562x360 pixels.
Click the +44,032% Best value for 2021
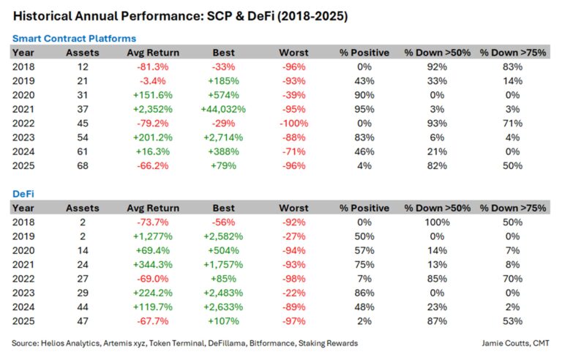(x=223, y=108)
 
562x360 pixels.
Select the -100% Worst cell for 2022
(x=293, y=122)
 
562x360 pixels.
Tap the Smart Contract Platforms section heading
(x=74, y=38)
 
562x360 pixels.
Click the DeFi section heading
(x=24, y=194)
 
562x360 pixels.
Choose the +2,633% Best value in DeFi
(x=223, y=307)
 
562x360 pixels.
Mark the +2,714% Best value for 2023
(x=223, y=137)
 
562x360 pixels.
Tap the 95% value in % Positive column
(x=364, y=108)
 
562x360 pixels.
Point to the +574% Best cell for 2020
(x=223, y=94)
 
